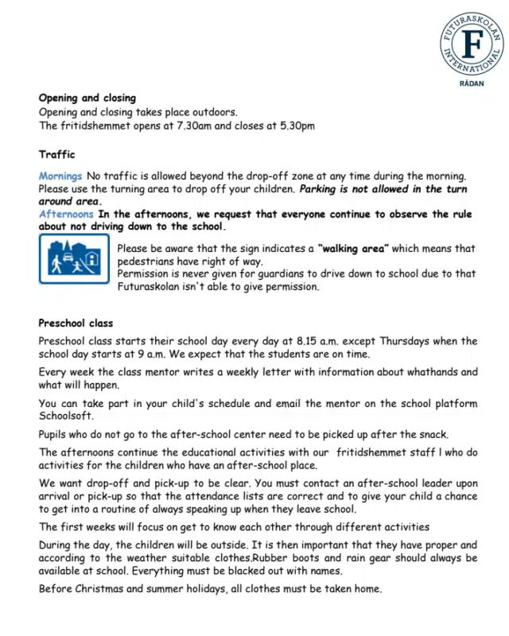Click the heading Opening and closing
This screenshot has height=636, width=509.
[x=87, y=99]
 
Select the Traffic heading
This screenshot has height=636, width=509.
[x=56, y=154]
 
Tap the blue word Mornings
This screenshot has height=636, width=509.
[x=60, y=176]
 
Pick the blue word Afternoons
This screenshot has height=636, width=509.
[x=66, y=215]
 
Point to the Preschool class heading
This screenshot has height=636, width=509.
[x=76, y=324]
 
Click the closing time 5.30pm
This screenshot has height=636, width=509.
[x=297, y=126]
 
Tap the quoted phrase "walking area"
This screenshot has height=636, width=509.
[x=353, y=248]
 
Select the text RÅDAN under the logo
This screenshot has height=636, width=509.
[x=472, y=82]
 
